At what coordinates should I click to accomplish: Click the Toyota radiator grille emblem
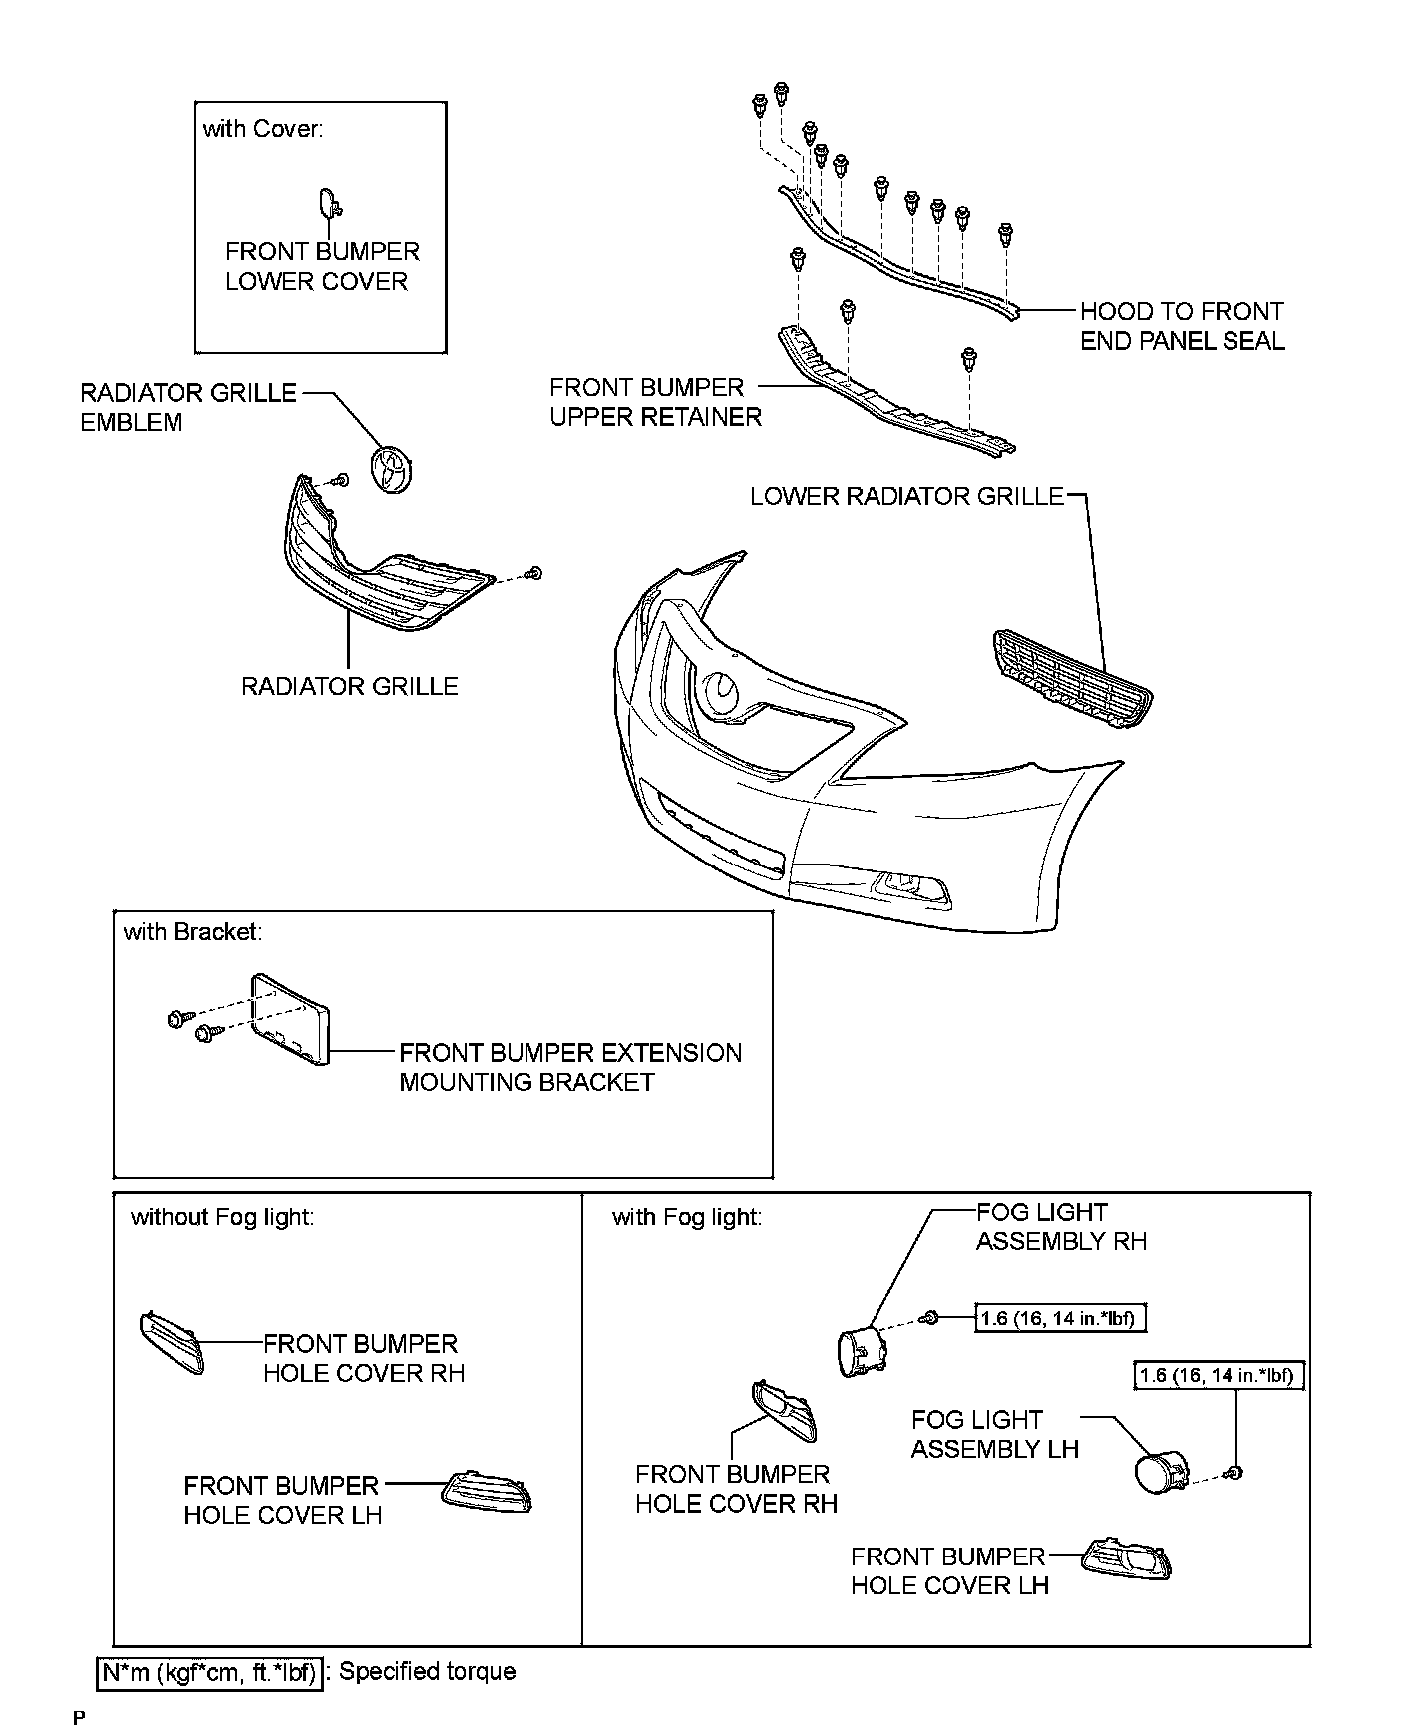392,470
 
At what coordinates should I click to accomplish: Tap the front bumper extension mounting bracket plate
289,1020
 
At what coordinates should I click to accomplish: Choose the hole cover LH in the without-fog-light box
487,1492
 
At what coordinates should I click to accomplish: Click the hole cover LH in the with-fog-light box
1127,1560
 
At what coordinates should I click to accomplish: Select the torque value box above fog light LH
1221,1376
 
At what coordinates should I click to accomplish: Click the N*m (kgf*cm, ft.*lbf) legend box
209,1673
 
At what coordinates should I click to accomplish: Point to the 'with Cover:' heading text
263,128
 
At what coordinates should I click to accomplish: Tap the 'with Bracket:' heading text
192,931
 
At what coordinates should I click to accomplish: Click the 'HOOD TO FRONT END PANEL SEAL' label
1182,326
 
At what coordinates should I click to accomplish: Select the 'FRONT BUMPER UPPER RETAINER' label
654,402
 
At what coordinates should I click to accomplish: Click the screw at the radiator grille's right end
534,573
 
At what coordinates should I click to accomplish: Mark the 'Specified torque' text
427,1672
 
